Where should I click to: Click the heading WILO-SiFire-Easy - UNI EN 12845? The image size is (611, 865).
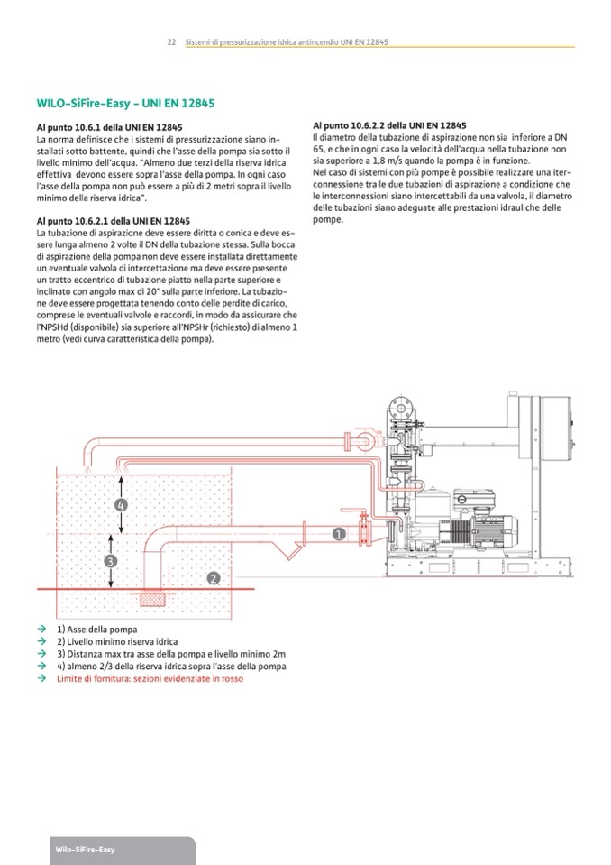coord(125,104)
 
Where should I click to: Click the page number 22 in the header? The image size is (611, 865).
coord(171,42)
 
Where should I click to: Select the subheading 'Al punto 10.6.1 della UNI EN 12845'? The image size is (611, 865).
coord(110,128)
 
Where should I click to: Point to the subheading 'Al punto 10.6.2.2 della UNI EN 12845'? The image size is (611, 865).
coord(389,124)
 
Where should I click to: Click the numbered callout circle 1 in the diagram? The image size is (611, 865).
coord(339,534)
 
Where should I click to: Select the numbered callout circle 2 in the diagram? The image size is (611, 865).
coord(213,577)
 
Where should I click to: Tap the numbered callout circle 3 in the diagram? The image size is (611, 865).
coord(110,560)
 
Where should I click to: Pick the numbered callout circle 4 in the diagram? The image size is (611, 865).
coord(121,505)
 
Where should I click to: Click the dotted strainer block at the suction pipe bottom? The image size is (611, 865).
coord(153,599)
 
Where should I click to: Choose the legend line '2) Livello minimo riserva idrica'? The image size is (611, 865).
coord(123,641)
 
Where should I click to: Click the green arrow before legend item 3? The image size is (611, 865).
coord(41,654)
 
